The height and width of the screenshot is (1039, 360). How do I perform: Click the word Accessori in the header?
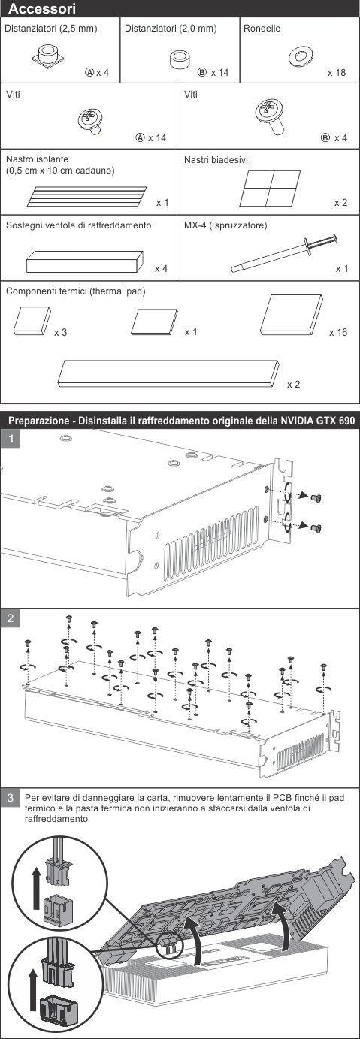[42, 8]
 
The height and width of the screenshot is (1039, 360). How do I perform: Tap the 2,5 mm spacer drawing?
[48, 56]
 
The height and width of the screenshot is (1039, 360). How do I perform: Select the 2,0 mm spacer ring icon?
[180, 60]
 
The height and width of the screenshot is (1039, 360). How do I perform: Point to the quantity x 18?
[337, 72]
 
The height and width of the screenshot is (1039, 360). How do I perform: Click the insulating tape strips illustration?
[87, 196]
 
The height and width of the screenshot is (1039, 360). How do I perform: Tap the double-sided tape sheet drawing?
[270, 188]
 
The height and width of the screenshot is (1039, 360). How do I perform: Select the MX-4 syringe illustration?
[284, 253]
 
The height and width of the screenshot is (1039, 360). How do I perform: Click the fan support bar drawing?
[85, 261]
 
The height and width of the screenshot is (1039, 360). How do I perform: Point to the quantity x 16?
[338, 333]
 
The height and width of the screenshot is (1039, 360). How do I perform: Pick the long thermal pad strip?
[168, 373]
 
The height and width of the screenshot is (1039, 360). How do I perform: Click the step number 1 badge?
[11, 438]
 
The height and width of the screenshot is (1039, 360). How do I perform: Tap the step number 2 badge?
[11, 618]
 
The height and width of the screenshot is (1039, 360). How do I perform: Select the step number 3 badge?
[11, 798]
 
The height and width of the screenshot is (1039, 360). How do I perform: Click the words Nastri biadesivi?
[216, 160]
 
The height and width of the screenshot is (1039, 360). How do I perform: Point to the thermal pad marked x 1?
[155, 322]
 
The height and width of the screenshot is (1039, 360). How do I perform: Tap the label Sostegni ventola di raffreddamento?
[78, 225]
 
